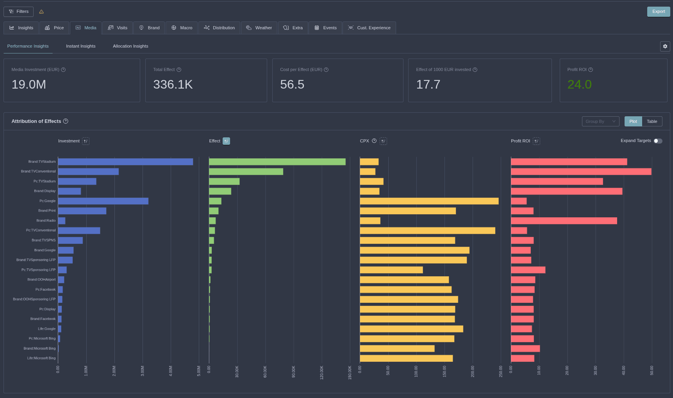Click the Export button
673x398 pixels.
coord(658,12)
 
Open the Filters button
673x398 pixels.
coord(18,12)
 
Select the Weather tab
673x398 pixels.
coord(259,28)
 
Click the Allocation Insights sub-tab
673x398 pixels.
coord(130,46)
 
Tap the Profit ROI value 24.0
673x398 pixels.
coord(579,84)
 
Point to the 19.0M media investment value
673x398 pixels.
coord(29,84)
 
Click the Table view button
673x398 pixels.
coord(652,121)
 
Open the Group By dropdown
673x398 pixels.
coord(600,121)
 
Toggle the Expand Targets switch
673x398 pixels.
coord(658,141)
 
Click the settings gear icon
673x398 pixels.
coord(665,46)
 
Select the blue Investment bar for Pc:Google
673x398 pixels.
coord(103,201)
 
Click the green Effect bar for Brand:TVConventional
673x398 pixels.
coord(246,171)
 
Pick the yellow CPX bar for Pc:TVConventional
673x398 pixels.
coord(427,231)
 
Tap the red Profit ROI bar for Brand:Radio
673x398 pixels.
coord(564,221)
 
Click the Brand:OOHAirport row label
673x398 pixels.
coord(41,279)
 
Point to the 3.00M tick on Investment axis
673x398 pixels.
coord(143,371)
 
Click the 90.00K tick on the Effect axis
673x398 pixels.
coord(294,371)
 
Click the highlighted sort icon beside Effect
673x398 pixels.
coord(226,141)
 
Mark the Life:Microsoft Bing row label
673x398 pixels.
coord(41,358)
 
